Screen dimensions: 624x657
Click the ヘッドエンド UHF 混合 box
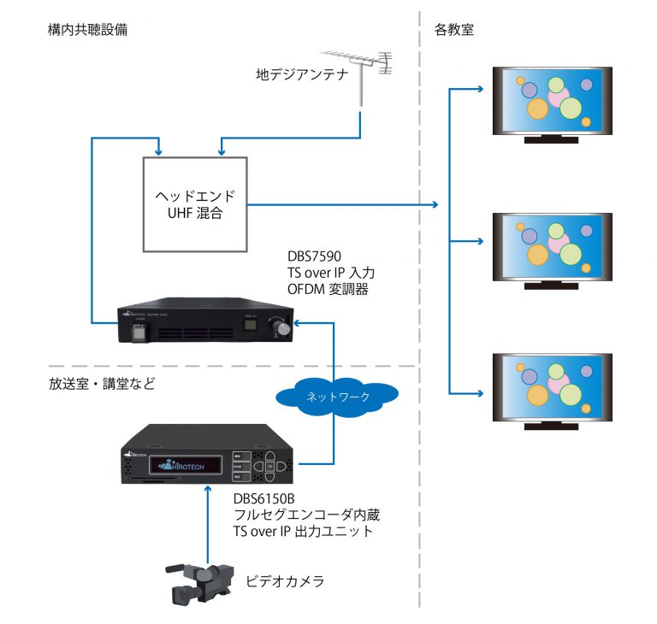[195, 204]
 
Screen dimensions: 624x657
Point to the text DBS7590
[316, 256]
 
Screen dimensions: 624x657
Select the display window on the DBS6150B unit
[188, 466]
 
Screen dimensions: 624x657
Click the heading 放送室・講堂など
[102, 384]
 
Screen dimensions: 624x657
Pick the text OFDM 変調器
[331, 291]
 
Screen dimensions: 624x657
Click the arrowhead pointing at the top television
[480, 88]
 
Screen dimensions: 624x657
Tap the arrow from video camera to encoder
[209, 521]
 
